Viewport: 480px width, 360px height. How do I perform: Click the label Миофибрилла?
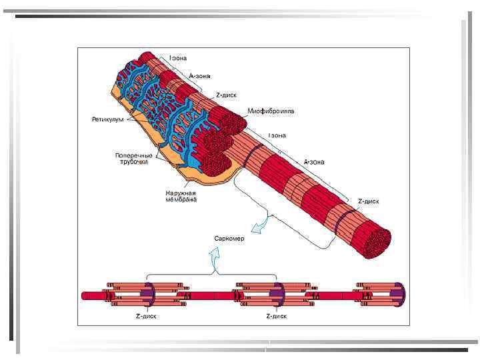pos(271,111)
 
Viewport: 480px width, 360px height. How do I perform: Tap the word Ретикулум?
pos(107,119)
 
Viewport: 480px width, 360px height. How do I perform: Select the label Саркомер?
pos(229,238)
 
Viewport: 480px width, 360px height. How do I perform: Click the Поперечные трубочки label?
pos(132,159)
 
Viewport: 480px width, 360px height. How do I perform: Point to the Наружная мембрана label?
pos(181,196)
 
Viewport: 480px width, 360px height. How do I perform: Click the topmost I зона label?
pos(178,58)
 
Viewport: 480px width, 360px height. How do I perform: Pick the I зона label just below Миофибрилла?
pos(277,135)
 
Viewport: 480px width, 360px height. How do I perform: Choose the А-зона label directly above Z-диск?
pos(199,75)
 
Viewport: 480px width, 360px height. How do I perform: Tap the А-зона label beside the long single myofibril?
pos(314,161)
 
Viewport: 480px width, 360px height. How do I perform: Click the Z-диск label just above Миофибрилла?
pos(224,95)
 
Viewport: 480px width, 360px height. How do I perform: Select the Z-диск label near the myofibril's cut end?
pos(369,201)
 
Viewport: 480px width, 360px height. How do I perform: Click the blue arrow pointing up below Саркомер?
pos(215,257)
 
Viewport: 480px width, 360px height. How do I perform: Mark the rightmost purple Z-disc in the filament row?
pos(399,294)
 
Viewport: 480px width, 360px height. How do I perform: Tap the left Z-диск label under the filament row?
pos(147,316)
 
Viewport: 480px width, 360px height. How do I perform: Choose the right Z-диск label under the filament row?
pos(277,316)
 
